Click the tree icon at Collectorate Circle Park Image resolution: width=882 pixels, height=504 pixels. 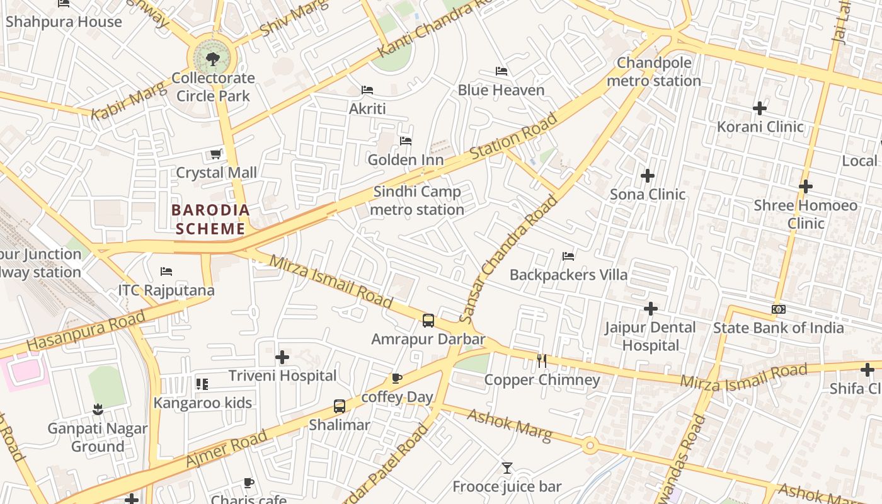[x=213, y=59]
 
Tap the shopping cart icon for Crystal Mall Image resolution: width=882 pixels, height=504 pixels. [x=215, y=154]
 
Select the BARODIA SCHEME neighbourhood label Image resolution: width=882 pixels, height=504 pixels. [x=210, y=219]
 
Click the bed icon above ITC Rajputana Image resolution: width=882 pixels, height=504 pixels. [x=166, y=272]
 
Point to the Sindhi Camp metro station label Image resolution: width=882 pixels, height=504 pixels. [x=417, y=200]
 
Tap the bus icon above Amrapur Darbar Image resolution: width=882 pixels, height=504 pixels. [x=428, y=321]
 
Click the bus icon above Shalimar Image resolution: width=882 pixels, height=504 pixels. [x=340, y=406]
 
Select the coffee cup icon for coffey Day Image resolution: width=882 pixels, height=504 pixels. [x=396, y=379]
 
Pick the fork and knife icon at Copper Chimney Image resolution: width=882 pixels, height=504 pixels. [x=542, y=361]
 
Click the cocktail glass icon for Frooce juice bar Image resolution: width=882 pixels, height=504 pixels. [x=507, y=468]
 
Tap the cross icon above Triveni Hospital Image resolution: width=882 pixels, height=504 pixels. [x=282, y=357]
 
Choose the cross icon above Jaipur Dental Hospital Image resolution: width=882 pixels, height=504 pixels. [x=651, y=309]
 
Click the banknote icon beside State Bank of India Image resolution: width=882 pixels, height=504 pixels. [x=779, y=309]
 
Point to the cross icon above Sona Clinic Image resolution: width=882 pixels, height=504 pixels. [x=648, y=176]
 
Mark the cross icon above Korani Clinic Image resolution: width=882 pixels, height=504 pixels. [x=760, y=108]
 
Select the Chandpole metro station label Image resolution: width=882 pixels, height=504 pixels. [x=654, y=72]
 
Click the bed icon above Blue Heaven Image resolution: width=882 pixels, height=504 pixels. [x=501, y=71]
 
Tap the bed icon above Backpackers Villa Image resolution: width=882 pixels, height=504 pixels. [x=568, y=256]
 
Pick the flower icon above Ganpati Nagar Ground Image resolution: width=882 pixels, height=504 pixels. [x=98, y=410]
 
